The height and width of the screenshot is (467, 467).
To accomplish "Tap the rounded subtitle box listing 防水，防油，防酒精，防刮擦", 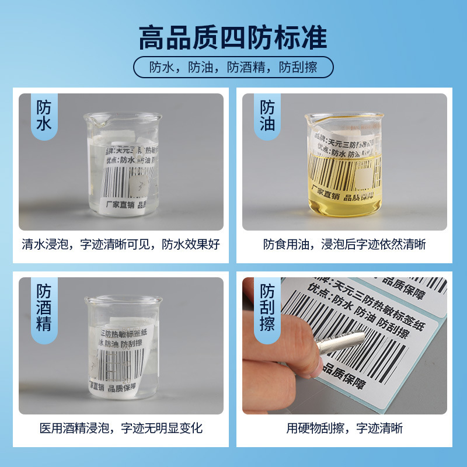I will coord(233,67).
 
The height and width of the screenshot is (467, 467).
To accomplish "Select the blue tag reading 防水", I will coord(44,116).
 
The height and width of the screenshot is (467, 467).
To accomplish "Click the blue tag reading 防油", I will coord(267,116).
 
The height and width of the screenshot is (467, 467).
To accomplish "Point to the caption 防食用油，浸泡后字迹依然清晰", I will coord(344,244).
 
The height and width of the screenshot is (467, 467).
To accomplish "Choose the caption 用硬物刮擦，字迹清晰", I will coord(344,428).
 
